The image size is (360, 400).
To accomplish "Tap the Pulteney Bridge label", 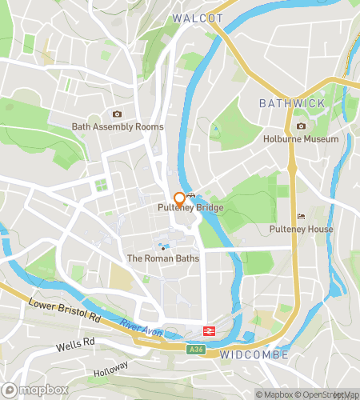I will pos(190,208).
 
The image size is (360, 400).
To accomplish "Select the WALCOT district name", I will pos(197,18).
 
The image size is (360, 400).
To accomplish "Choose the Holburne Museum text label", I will pos(301,138).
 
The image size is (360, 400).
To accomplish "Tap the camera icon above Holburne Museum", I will pos(301,126).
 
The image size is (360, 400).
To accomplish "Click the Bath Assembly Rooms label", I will pos(118,126).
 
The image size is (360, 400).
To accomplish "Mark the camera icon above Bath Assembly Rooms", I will pos(118,114).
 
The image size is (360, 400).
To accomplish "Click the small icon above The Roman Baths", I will pos(162,246).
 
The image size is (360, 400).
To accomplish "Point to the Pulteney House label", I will pos(301,229).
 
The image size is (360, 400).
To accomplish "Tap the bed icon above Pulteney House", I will pos(301,216).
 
